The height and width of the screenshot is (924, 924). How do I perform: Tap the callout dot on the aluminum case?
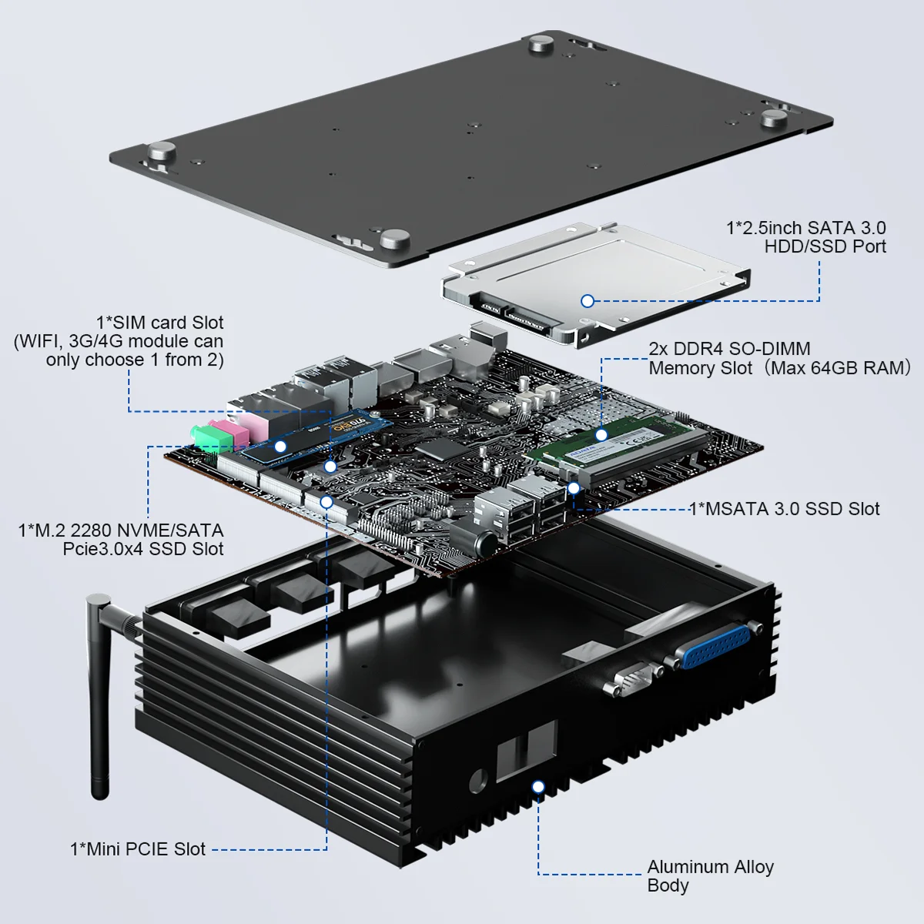(x=538, y=786)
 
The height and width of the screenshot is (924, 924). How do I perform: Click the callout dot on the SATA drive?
(x=588, y=301)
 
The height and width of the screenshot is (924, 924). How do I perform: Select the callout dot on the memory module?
(x=601, y=435)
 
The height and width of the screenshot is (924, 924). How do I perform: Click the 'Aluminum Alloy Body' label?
(x=709, y=876)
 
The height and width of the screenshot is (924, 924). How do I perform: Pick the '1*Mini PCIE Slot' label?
(x=138, y=849)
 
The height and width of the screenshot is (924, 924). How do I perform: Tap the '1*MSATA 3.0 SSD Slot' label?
(x=784, y=509)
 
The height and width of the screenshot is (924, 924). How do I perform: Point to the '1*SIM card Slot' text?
(x=159, y=323)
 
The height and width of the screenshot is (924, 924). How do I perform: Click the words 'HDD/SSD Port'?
(x=825, y=246)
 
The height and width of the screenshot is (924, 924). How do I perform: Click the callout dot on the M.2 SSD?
(x=281, y=447)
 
